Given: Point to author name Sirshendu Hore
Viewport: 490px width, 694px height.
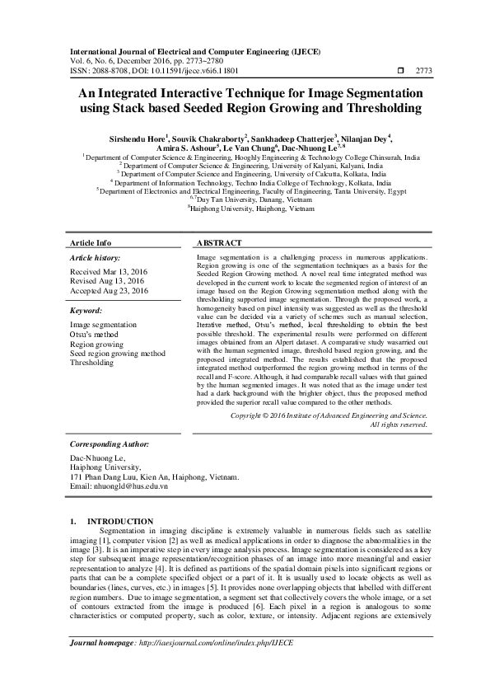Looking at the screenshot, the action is (x=130, y=137).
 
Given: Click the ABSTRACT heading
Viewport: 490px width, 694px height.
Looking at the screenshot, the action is (x=219, y=244).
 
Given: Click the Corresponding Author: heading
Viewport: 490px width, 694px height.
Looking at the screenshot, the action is (x=115, y=443).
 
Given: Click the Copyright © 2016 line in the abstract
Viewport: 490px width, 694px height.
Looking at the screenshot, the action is (x=329, y=416).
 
